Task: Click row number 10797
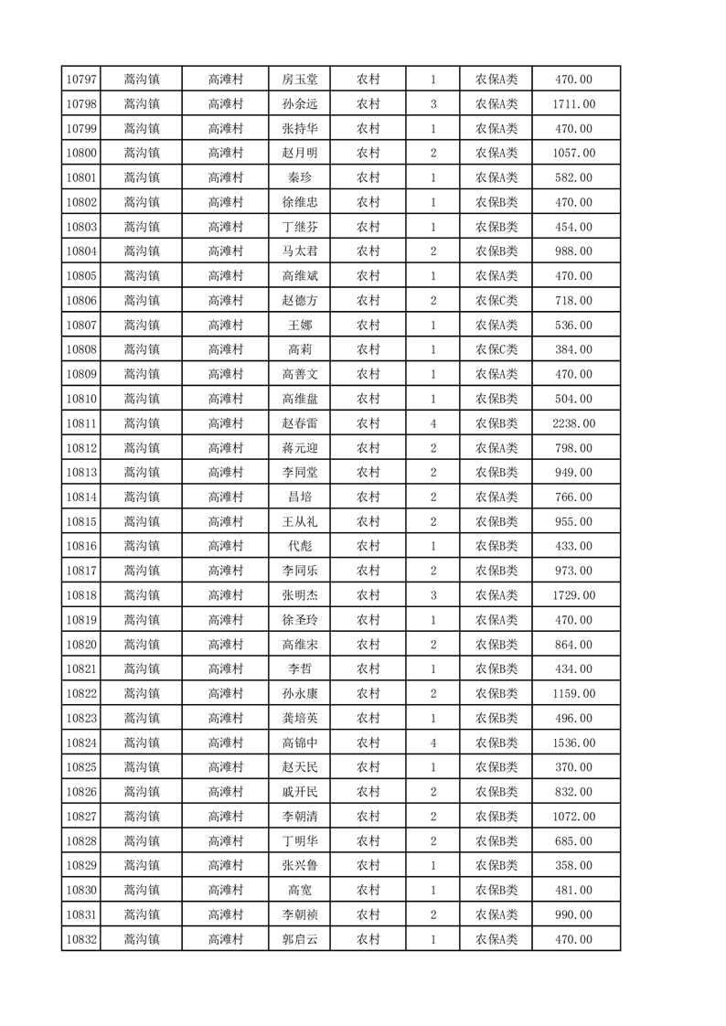(x=81, y=80)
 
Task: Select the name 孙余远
(x=300, y=104)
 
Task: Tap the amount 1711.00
(x=573, y=104)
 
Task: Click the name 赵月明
(x=300, y=154)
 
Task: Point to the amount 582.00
(x=573, y=178)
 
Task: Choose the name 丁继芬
(x=300, y=227)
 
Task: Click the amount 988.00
(x=573, y=251)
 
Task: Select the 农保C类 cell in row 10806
(x=496, y=301)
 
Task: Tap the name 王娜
(x=300, y=326)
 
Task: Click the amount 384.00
(x=573, y=350)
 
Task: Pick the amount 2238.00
(x=573, y=423)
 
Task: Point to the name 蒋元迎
(x=300, y=448)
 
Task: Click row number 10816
(x=81, y=546)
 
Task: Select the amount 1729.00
(x=573, y=595)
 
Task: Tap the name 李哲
(x=300, y=669)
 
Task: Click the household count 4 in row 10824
(x=432, y=743)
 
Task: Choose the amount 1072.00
(x=573, y=817)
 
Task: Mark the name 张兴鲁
(x=300, y=866)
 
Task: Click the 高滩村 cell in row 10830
(x=225, y=890)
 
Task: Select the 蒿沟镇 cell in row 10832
(x=141, y=939)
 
